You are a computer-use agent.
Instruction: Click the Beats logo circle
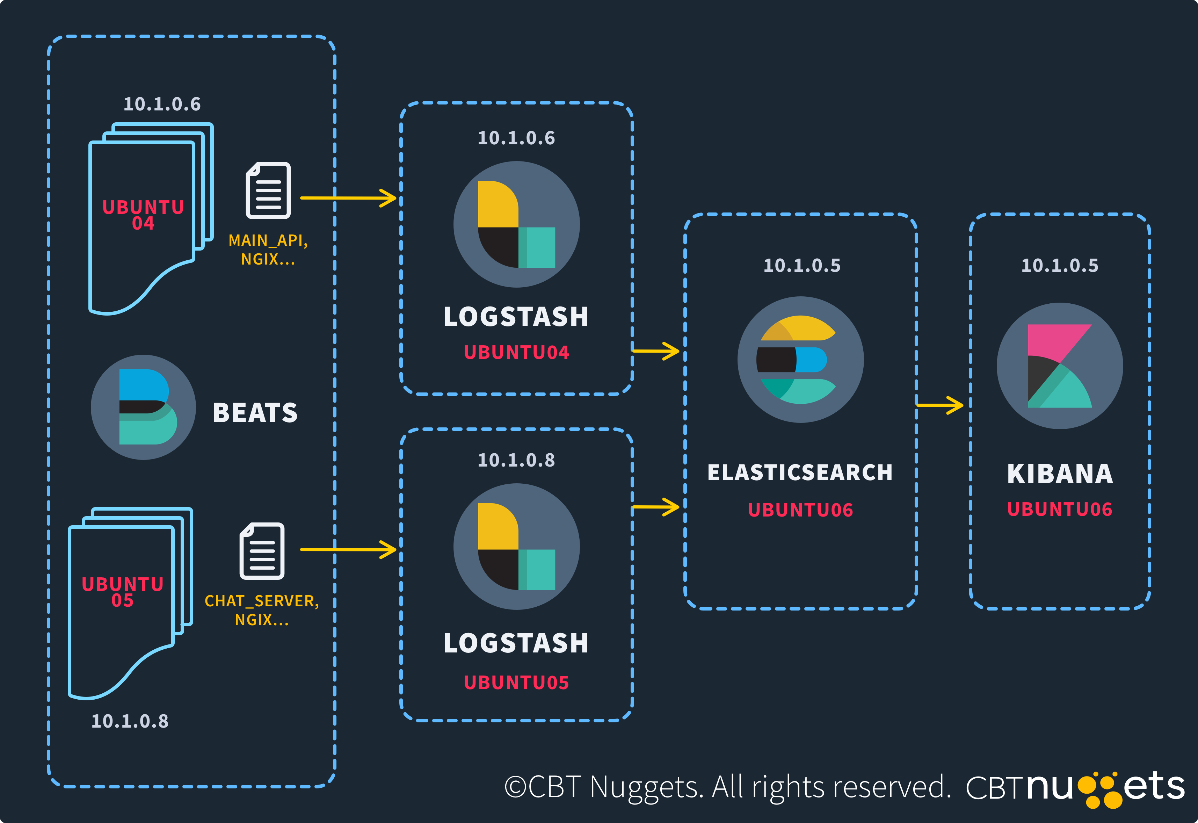[143, 407]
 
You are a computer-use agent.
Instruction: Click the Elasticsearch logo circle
[800, 359]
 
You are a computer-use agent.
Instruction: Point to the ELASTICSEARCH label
[800, 472]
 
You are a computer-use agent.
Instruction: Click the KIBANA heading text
[1060, 474]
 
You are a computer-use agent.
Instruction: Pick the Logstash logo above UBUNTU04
[516, 224]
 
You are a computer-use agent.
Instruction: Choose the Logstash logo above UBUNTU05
[516, 547]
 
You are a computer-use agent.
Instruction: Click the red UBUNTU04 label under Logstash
[516, 353]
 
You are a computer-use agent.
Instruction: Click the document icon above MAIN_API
[268, 190]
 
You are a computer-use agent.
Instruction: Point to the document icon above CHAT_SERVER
[262, 551]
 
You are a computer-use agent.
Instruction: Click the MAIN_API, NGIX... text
[268, 250]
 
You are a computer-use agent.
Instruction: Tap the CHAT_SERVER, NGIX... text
[262, 610]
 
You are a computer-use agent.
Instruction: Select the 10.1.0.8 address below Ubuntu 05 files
[130, 721]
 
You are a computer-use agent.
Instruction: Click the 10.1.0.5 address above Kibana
[1060, 266]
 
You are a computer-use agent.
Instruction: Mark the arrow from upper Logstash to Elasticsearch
[656, 351]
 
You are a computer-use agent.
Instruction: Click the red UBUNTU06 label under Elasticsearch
[800, 510]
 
